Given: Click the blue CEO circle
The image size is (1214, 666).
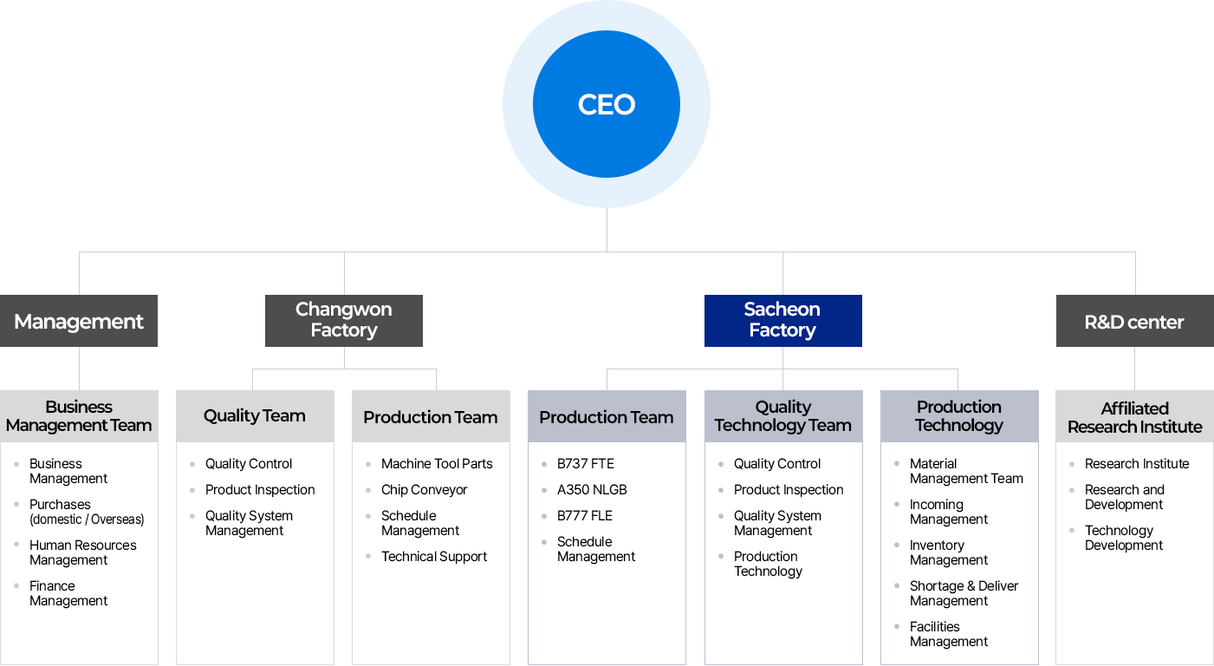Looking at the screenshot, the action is pyautogui.click(x=607, y=104).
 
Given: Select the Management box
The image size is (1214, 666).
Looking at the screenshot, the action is pyautogui.click(x=79, y=321).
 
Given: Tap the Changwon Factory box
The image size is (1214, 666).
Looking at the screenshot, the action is pyautogui.click(x=344, y=321).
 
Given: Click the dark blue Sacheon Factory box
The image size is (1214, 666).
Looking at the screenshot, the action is pyautogui.click(x=783, y=321).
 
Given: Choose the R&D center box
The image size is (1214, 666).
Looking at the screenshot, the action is pyautogui.click(x=1135, y=321).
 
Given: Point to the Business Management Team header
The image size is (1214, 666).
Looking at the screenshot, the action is pyautogui.click(x=79, y=416).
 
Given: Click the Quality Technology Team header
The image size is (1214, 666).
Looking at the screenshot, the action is pyautogui.click(x=783, y=416).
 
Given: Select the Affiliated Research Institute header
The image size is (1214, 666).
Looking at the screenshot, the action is pyautogui.click(x=1135, y=416).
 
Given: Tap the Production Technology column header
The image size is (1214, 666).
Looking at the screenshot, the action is pyautogui.click(x=959, y=416).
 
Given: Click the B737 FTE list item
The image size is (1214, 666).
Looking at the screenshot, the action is pyautogui.click(x=585, y=464).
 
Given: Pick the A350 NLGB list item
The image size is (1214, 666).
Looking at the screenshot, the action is pyautogui.click(x=592, y=490).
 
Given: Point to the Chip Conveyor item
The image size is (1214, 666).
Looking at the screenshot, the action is pyautogui.click(x=424, y=490).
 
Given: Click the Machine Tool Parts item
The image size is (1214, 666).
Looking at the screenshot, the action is pyautogui.click(x=437, y=464).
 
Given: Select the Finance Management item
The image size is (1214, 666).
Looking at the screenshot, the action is pyautogui.click(x=68, y=593).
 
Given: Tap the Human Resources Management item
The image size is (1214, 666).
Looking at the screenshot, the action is pyautogui.click(x=83, y=552).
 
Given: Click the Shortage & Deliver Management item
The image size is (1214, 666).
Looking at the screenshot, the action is pyautogui.click(x=964, y=593).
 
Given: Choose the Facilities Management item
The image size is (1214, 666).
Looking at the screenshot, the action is pyautogui.click(x=949, y=634).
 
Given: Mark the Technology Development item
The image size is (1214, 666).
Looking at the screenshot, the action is pyautogui.click(x=1124, y=538).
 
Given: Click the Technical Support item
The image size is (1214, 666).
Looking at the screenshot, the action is pyautogui.click(x=434, y=557).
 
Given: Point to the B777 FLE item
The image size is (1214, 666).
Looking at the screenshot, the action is pyautogui.click(x=585, y=516).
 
